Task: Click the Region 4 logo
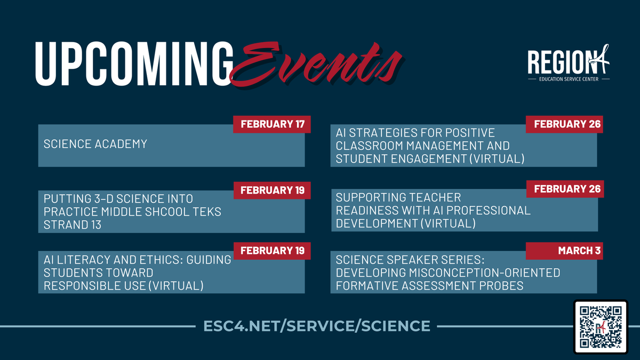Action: [x=569, y=64]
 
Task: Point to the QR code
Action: [x=601, y=326]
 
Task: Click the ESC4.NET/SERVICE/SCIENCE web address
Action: [x=317, y=325]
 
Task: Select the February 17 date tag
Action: [x=272, y=124]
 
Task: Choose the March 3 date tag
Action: [x=565, y=251]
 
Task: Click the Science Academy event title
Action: [x=95, y=144]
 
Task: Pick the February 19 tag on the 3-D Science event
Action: [x=272, y=189]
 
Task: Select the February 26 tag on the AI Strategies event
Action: [x=565, y=124]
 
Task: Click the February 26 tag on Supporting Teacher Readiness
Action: [x=565, y=189]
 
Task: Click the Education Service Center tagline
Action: [x=569, y=78]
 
